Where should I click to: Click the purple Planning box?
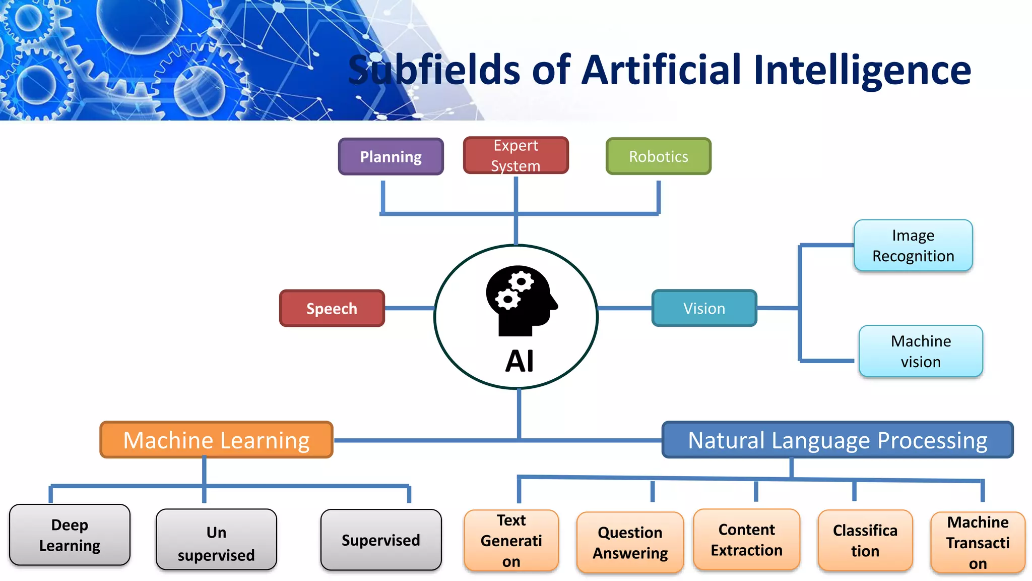[391, 157]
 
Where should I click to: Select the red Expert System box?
[515, 155]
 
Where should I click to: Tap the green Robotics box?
[658, 157]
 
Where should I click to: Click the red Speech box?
[332, 308]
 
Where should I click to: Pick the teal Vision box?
[704, 308]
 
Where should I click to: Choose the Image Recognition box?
[913, 246]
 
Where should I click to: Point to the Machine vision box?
[921, 352]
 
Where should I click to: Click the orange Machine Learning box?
[217, 440]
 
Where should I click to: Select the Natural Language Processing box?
[837, 440]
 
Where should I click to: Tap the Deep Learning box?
[70, 535]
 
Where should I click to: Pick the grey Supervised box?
[380, 540]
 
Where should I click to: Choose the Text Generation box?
[511, 541]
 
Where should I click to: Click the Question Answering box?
[630, 543]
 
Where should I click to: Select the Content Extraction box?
[746, 540]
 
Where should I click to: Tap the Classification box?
[865, 541]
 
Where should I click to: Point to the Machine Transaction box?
[978, 543]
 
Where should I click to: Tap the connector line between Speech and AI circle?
[409, 308]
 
